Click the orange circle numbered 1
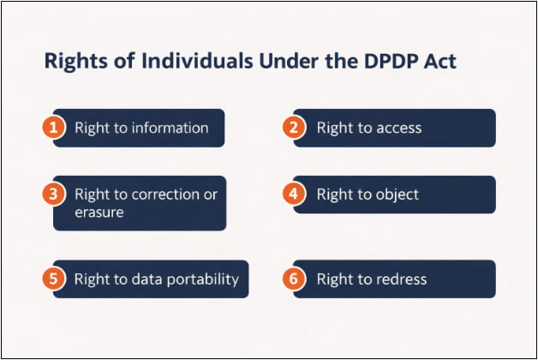53,128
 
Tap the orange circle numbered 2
294,128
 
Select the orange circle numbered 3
53,194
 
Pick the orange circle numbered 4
294,194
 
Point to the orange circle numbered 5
53,279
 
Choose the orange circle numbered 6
294,279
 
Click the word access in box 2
397,128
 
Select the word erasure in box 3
99,211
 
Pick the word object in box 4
395,194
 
